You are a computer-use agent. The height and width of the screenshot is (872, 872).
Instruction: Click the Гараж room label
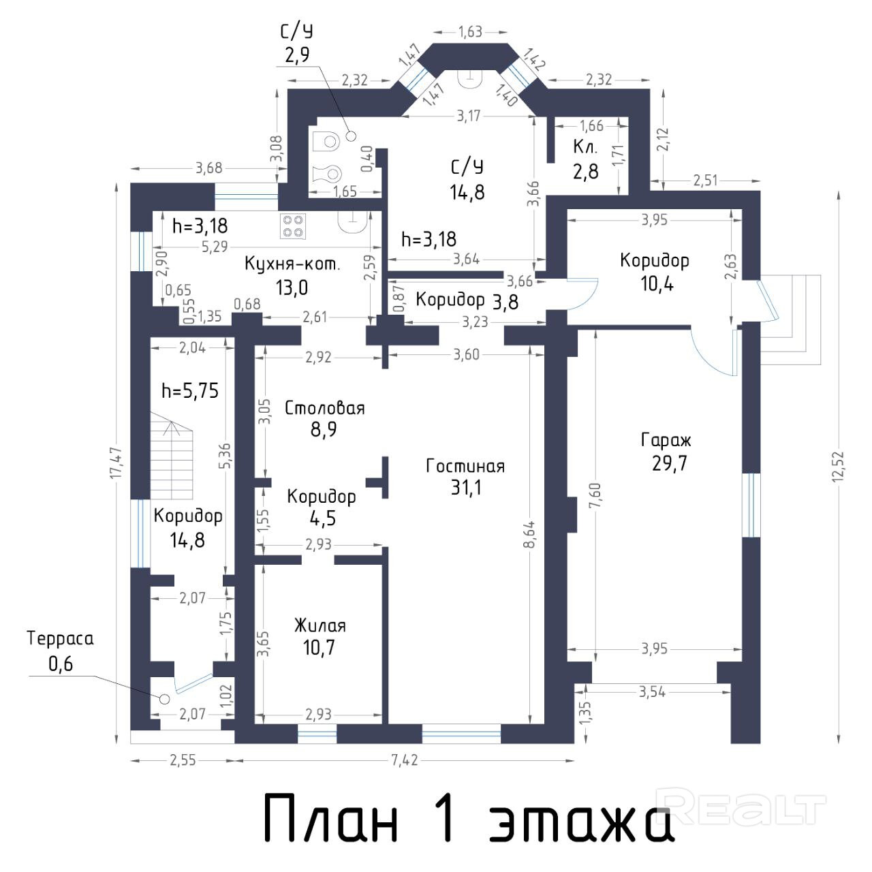coord(666,440)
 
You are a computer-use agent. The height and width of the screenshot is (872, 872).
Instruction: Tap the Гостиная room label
coord(465,467)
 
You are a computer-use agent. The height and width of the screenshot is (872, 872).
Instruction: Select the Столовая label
coord(324,408)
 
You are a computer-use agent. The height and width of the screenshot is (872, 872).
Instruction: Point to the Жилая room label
coord(320,626)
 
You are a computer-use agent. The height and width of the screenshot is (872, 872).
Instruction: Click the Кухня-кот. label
coord(292,264)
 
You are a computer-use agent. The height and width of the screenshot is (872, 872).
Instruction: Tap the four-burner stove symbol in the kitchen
coord(293,226)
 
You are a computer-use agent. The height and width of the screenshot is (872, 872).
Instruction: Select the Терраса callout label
coord(60,638)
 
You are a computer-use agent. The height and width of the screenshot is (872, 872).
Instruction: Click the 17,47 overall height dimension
coord(116,463)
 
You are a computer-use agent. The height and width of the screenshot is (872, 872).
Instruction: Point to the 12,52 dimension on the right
coord(838,467)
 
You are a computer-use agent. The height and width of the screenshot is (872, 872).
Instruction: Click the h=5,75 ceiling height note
coord(190,390)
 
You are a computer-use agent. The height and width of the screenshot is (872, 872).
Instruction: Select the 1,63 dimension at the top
coord(470,32)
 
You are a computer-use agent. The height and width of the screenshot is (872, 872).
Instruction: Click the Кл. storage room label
coord(586,147)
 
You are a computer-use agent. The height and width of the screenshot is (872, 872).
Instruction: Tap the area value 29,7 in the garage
coord(669,463)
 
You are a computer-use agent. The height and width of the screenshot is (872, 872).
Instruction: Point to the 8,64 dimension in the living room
coord(531,534)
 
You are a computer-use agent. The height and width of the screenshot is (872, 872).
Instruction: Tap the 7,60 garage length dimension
coord(595,496)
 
